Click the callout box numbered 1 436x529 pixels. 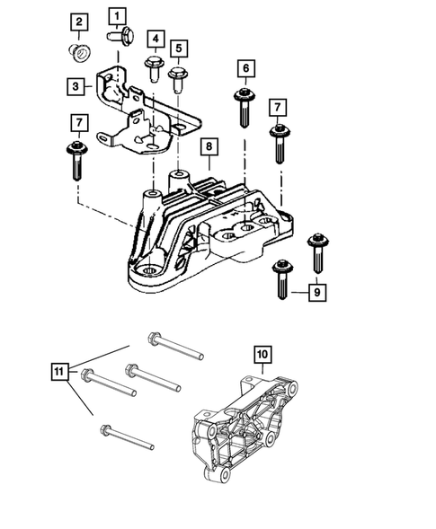tap(119, 15)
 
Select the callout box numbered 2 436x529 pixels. tap(79, 22)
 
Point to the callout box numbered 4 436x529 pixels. tap(156, 39)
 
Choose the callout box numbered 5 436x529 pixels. tap(179, 48)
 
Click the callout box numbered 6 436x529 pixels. tap(243, 68)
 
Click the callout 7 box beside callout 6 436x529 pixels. tap(279, 109)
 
